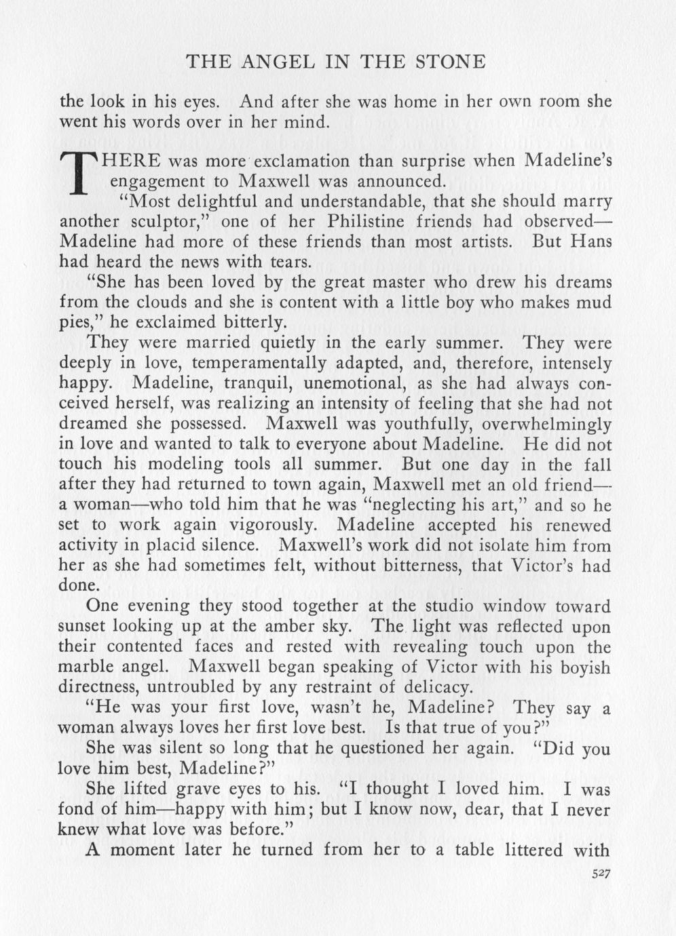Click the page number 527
[x=601, y=875]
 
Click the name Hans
[x=590, y=241]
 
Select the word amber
[x=316, y=626]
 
